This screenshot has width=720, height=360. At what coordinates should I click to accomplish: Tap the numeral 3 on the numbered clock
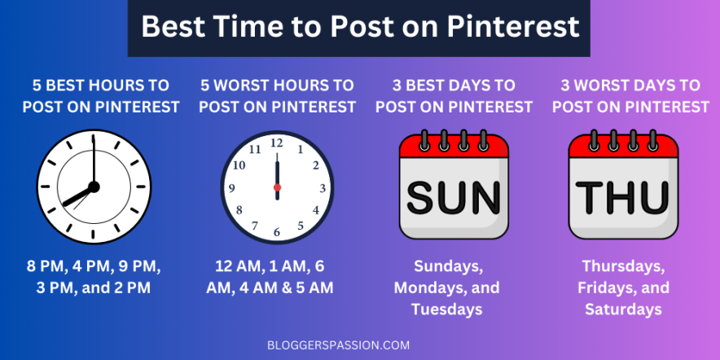click(323, 187)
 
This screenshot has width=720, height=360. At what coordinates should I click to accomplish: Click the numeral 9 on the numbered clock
click(232, 187)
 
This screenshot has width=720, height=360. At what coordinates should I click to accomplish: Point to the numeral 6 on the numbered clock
click(277, 233)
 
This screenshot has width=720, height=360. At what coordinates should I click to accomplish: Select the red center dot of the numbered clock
click(277, 187)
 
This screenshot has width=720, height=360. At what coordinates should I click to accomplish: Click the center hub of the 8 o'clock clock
click(93, 187)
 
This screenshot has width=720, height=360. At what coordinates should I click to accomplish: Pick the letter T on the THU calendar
click(590, 197)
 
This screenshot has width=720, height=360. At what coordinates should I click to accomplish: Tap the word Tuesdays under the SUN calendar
click(446, 310)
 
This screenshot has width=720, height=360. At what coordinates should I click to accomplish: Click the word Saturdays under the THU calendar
click(622, 310)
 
